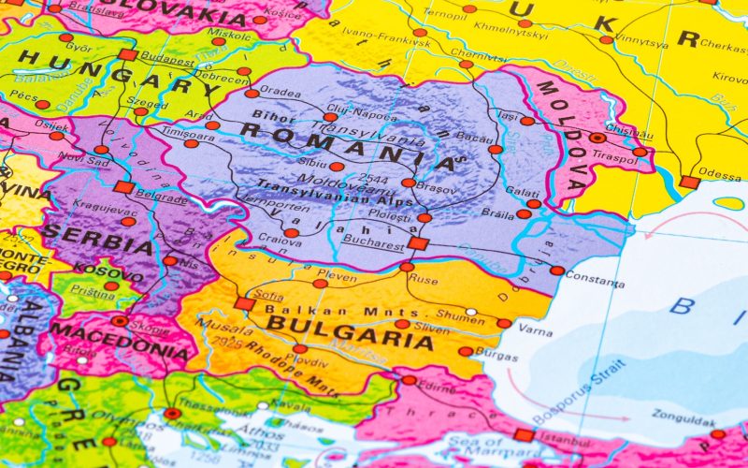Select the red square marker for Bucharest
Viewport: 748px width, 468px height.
tap(418, 243)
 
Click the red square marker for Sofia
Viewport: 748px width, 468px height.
tap(245, 303)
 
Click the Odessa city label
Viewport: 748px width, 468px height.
tap(719, 173)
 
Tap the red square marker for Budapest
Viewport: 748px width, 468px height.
tap(128, 54)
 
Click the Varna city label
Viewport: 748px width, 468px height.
tap(535, 330)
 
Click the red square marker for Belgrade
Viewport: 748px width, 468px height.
tap(123, 187)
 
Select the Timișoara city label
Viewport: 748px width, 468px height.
tap(161, 134)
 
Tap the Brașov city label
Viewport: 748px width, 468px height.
tap(438, 188)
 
